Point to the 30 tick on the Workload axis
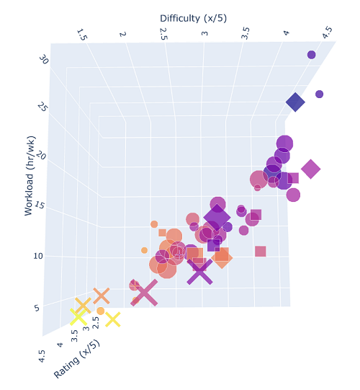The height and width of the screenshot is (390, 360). point(44,61)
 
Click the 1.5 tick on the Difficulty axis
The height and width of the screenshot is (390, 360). point(82,35)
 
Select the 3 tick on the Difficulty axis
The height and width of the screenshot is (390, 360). point(205,35)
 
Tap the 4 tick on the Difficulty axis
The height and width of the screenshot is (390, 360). point(287,33)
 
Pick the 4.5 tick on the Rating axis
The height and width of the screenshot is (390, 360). point(42,356)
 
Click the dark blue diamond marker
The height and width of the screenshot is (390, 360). point(295,102)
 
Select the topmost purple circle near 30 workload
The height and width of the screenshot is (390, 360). point(312,55)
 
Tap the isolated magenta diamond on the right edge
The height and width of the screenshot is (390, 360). point(310,169)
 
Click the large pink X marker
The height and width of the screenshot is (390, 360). point(145,293)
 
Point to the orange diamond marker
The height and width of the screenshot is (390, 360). point(222,257)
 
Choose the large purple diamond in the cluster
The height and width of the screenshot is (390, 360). point(217,217)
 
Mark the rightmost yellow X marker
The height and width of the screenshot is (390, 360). point(112,318)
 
